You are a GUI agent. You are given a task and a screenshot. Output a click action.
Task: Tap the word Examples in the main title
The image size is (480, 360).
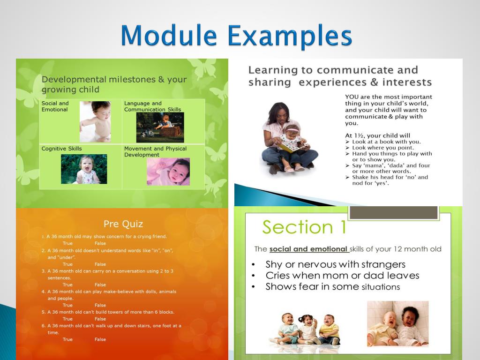(x=290, y=37)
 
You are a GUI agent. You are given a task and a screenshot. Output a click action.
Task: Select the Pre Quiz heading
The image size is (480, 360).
(x=123, y=224)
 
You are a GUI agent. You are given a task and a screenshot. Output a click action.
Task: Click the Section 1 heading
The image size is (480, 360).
(x=304, y=227)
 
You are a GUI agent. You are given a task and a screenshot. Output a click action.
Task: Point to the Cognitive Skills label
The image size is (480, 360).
(x=61, y=149)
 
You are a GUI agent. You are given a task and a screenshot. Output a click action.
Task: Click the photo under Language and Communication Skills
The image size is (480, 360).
(x=160, y=127)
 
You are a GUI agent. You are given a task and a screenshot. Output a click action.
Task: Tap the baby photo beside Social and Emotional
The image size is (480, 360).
(x=95, y=121)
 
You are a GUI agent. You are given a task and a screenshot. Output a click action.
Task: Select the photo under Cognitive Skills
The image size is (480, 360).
(x=84, y=169)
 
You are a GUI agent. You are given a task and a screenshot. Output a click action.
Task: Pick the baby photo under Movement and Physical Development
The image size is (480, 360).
(x=168, y=172)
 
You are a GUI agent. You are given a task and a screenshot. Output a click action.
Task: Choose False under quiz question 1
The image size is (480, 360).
(x=100, y=243)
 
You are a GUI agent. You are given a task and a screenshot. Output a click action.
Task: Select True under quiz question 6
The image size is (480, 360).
(x=67, y=339)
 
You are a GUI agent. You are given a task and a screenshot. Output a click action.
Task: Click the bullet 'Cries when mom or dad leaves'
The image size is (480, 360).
(x=342, y=276)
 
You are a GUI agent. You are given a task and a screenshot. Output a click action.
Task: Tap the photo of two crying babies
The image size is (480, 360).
(x=397, y=324)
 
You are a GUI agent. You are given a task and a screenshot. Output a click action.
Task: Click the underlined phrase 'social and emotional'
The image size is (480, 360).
(x=308, y=249)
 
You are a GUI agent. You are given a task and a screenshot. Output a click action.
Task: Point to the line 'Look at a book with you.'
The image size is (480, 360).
(x=386, y=142)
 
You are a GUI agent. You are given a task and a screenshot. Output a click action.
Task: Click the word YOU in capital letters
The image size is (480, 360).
(x=352, y=97)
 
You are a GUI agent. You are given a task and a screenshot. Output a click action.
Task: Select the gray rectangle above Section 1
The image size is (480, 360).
(x=394, y=212)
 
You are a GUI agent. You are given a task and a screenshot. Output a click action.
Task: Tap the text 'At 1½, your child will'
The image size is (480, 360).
(x=377, y=135)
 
